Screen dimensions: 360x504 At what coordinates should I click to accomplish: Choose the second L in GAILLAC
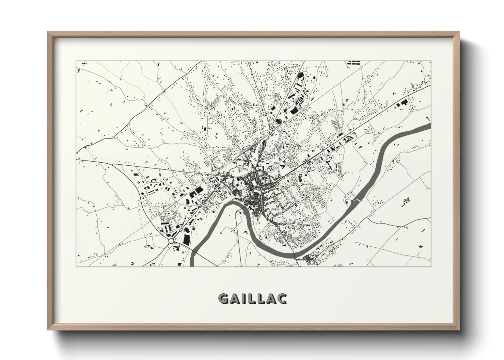[261, 298]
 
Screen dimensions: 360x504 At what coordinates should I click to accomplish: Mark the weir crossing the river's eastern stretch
[356, 201]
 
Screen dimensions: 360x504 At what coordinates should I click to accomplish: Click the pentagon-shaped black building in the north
[300, 75]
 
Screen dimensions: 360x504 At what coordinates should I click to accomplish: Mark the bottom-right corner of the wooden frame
[459, 330]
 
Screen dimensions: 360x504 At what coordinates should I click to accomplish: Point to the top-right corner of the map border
[431, 61]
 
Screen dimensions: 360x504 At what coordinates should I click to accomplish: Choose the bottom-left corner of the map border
[77, 266]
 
